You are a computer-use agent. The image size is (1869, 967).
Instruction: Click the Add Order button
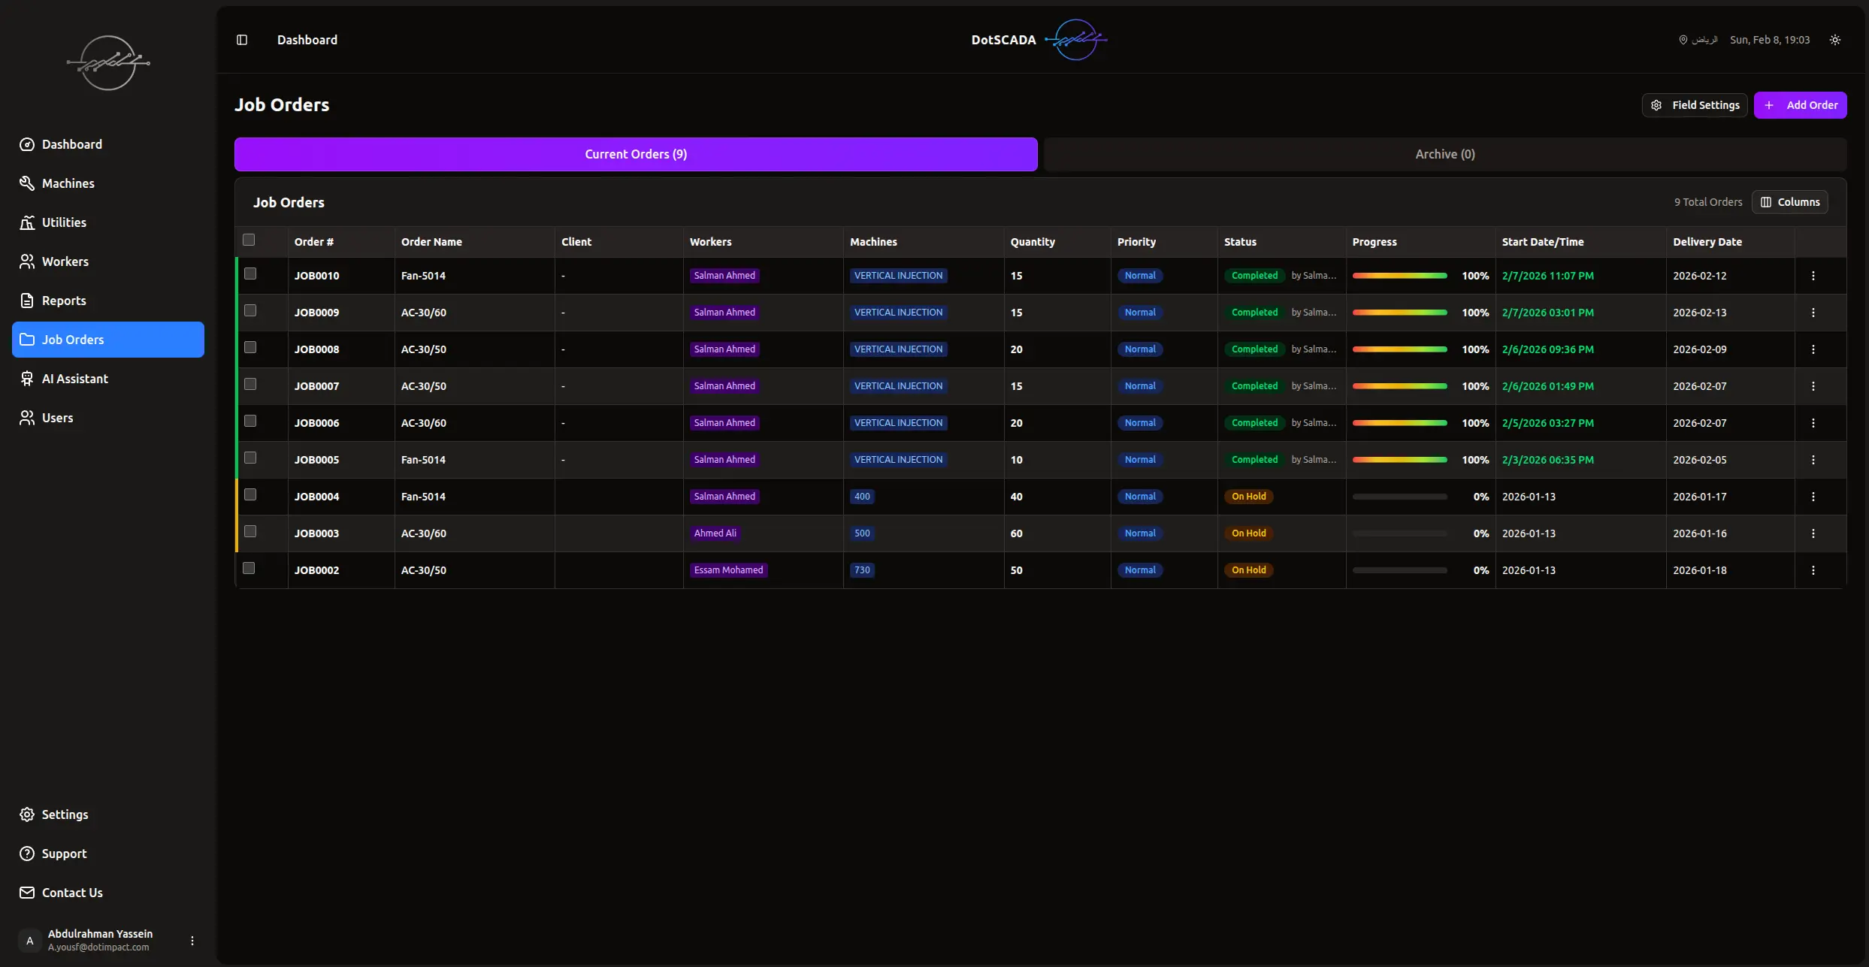coord(1800,105)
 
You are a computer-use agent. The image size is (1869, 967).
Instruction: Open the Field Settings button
coord(1695,105)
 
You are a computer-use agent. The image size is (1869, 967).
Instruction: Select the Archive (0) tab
coord(1444,154)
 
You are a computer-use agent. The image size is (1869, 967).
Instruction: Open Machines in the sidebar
coord(68,183)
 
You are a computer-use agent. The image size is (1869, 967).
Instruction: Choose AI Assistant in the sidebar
coord(74,379)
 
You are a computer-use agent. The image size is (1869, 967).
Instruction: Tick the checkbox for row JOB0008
coord(250,348)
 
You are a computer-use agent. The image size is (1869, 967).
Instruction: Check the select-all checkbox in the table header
coord(249,240)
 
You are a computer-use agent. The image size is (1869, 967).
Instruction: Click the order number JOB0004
coord(316,497)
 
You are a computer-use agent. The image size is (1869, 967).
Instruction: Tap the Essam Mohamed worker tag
coord(728,570)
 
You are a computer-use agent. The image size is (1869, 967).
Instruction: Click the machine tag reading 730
coord(862,570)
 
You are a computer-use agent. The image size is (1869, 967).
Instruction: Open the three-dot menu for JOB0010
coord(1813,276)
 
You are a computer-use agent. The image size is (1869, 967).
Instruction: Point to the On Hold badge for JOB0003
coord(1248,533)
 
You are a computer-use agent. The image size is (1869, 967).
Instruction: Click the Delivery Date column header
coord(1707,242)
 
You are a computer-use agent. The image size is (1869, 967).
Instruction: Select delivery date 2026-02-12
coord(1699,276)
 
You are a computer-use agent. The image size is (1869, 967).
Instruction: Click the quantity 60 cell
coord(1016,533)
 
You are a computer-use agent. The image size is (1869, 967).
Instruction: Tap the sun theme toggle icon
coord(1834,40)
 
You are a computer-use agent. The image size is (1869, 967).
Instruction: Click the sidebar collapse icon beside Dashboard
coord(242,40)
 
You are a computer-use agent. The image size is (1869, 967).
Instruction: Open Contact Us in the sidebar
coord(71,893)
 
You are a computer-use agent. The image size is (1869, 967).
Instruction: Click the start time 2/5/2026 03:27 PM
coord(1547,423)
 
